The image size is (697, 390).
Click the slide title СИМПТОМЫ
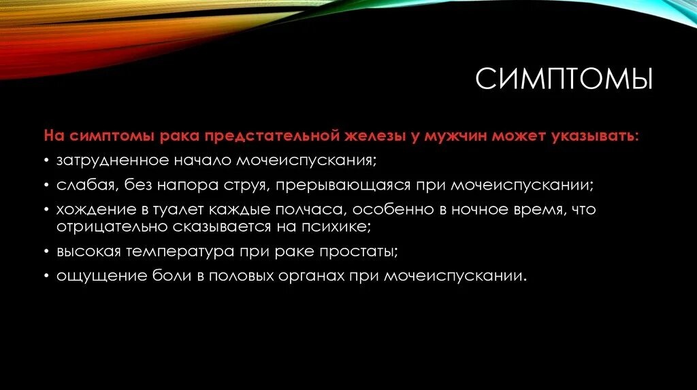564,79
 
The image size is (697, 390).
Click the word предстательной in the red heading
276,136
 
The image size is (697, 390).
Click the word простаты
358,251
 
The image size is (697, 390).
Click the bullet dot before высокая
48,251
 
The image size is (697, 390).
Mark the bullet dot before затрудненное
48,161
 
